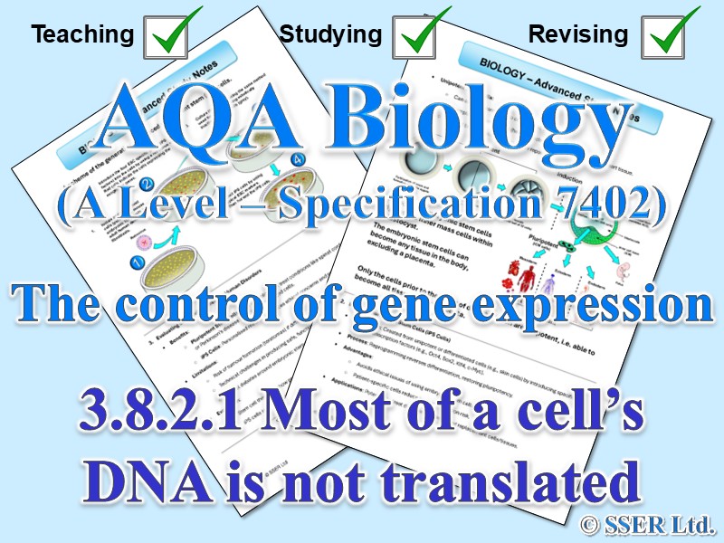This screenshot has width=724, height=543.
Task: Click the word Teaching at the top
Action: [82, 35]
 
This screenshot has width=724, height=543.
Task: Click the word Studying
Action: [330, 35]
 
